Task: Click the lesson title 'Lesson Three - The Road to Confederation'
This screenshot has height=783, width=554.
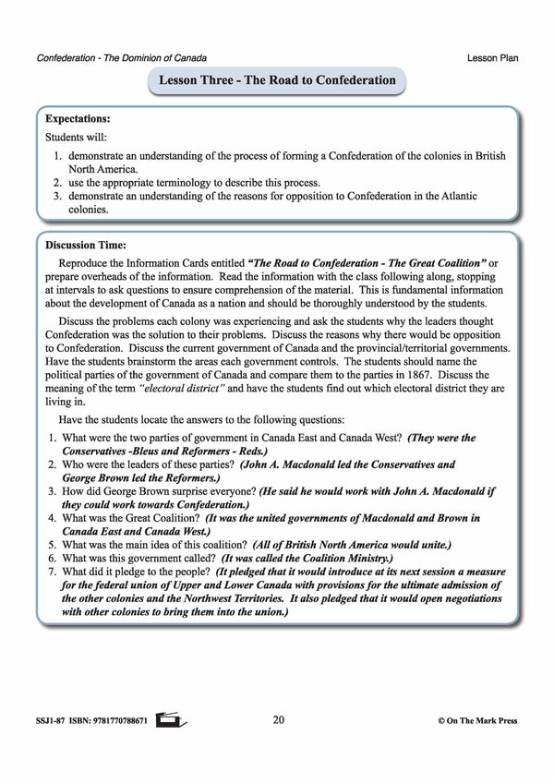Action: [277, 80]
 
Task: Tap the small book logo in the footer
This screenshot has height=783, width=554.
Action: [166, 717]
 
